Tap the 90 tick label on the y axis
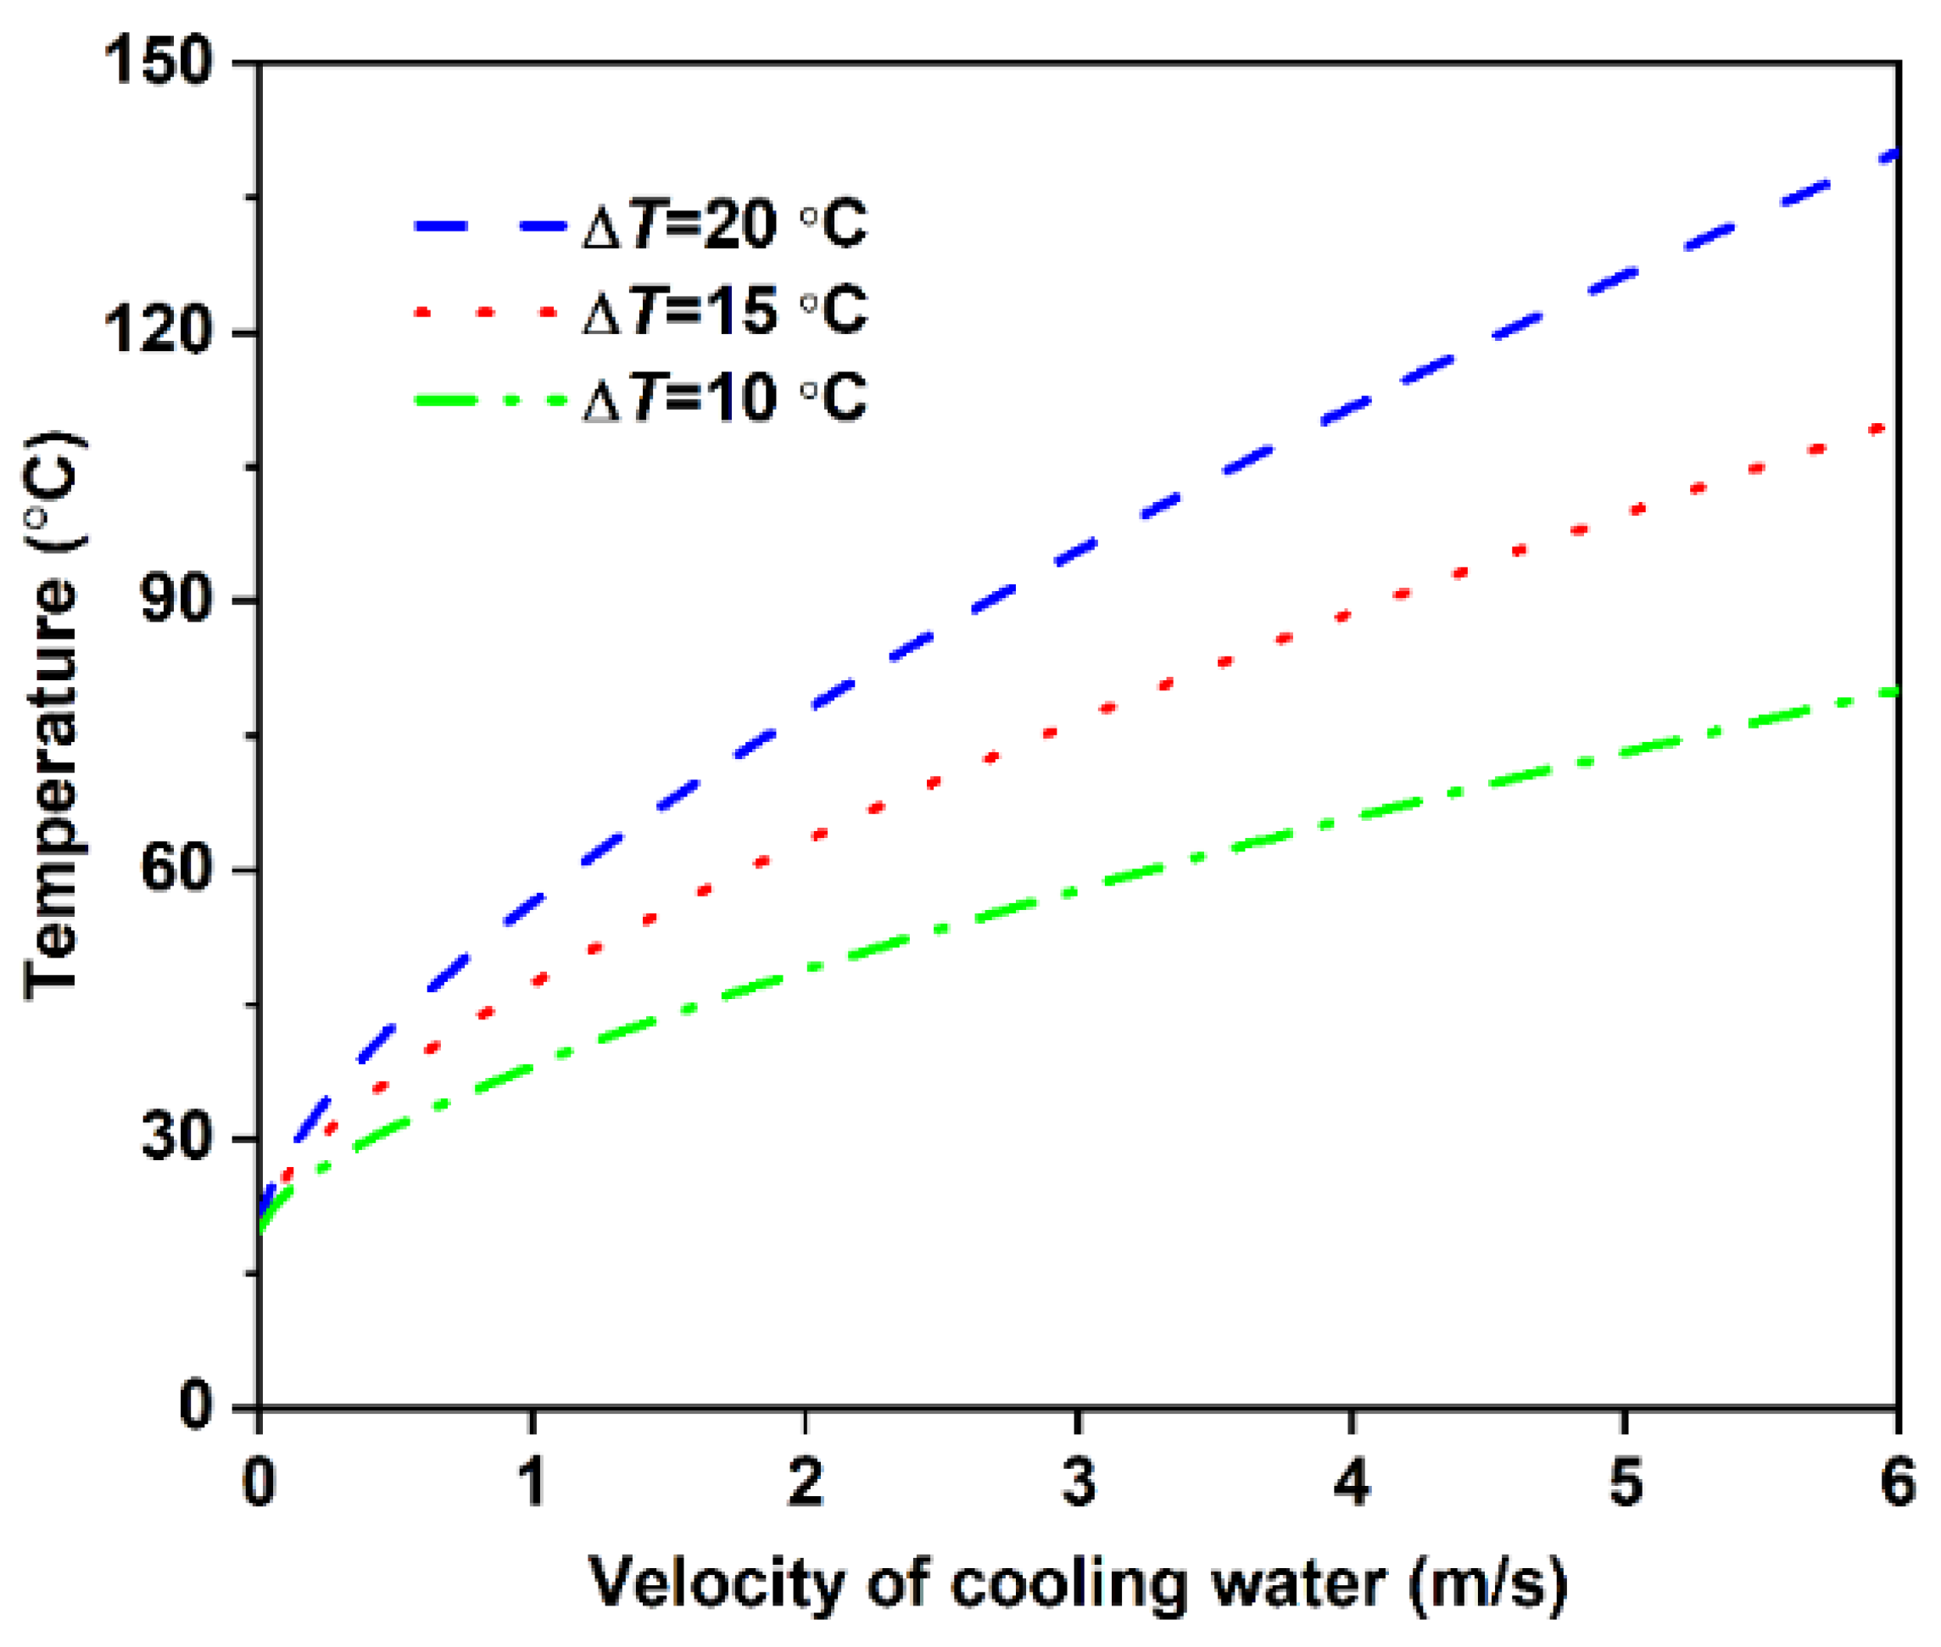pos(174,600)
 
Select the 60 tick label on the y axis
pos(174,868)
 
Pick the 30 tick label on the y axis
pos(174,1137)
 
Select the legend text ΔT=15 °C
pos(724,311)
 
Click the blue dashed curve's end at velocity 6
pos(1891,154)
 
